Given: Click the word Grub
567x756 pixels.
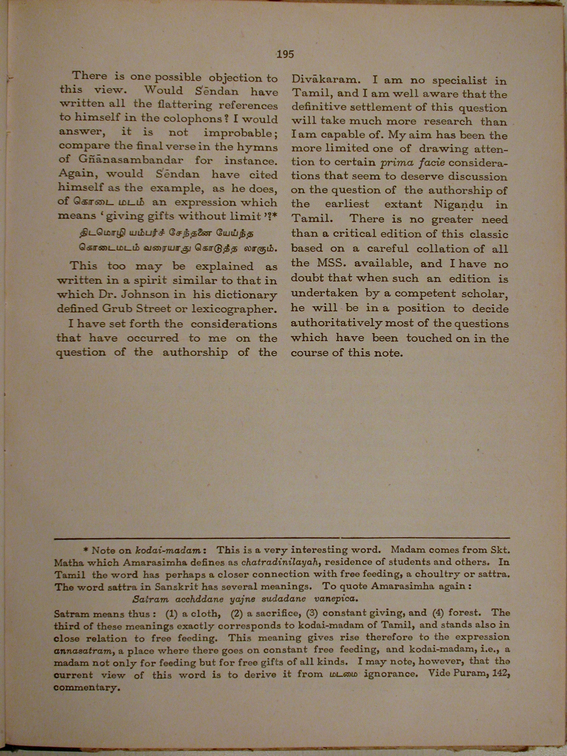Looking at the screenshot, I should tap(117, 308).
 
